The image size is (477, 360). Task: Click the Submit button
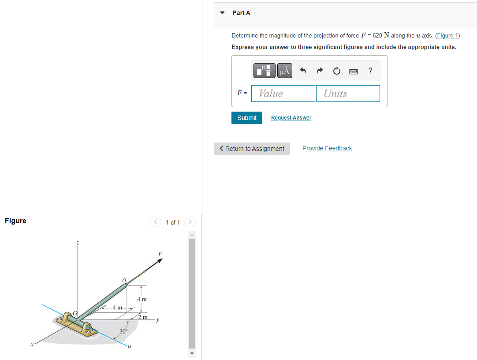pos(247,118)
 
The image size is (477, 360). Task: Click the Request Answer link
pos(291,118)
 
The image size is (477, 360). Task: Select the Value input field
pos(283,94)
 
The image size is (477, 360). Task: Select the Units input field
pos(348,94)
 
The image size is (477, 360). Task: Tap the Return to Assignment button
pos(252,149)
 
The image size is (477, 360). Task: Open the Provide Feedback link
pos(327,148)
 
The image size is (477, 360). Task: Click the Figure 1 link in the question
pos(447,36)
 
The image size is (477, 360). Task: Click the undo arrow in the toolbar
pos(303,71)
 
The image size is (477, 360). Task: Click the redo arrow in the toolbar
pos(320,71)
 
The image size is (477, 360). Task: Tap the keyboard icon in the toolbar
pos(354,71)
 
